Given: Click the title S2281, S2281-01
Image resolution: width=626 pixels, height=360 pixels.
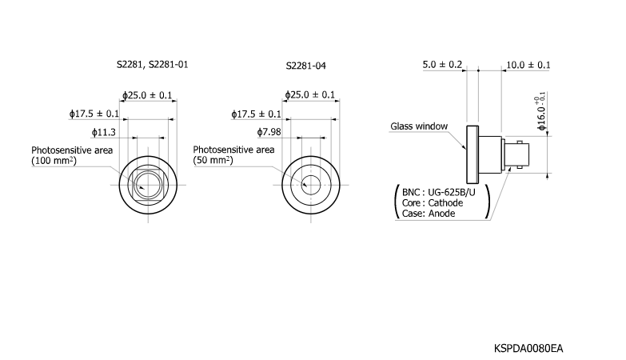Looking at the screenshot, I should [153, 63].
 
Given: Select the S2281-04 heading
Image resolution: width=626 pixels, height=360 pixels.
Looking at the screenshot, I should [306, 65].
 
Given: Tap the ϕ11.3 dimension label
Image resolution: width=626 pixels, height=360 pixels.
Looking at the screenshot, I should [104, 132].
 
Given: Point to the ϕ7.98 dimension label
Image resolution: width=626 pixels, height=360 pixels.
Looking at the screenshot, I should [269, 132].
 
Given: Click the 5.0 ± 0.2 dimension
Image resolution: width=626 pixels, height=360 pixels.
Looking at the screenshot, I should [442, 64].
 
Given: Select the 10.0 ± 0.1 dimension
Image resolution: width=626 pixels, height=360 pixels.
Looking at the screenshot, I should [528, 64].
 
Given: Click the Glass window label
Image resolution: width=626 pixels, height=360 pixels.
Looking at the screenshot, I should [418, 126].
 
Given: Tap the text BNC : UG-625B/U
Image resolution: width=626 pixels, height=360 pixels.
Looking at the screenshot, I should [439, 192].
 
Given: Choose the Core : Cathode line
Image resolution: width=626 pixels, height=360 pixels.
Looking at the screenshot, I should [433, 202].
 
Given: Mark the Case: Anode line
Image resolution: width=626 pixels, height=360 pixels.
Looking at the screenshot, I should [428, 214].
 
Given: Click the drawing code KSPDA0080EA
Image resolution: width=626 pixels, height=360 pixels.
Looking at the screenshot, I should [528, 348].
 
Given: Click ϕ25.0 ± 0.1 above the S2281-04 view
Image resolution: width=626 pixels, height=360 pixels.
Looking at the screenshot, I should [311, 95].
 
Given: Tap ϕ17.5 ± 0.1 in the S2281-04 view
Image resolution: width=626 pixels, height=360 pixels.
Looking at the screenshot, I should [256, 114].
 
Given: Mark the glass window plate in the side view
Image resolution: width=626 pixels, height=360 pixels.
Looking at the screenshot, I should [472, 155].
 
